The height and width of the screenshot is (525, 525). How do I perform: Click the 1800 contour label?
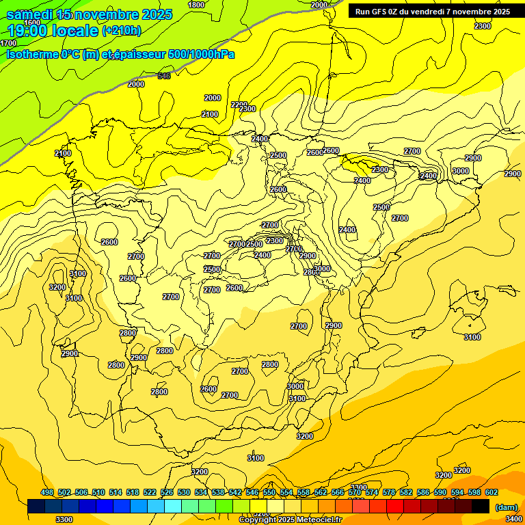(x=196, y=5)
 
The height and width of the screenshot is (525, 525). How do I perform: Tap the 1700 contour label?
(x=8, y=43)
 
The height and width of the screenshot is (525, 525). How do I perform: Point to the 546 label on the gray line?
(x=164, y=76)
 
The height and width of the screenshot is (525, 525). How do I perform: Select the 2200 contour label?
(x=239, y=105)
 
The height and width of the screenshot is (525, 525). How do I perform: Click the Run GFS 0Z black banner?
(x=433, y=11)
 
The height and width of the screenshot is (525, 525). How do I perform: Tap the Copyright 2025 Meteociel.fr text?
(x=290, y=520)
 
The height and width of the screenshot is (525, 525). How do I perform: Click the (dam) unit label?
(x=507, y=507)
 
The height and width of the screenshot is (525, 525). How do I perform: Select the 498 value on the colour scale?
(x=47, y=492)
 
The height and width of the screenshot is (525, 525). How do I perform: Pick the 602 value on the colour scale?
(x=492, y=492)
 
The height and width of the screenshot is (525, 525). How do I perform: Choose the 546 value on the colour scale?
(x=252, y=492)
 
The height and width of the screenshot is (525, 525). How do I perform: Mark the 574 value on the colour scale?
(x=372, y=492)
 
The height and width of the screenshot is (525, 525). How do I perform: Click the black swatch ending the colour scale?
(x=480, y=506)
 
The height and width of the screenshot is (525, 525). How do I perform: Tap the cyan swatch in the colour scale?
(x=173, y=506)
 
